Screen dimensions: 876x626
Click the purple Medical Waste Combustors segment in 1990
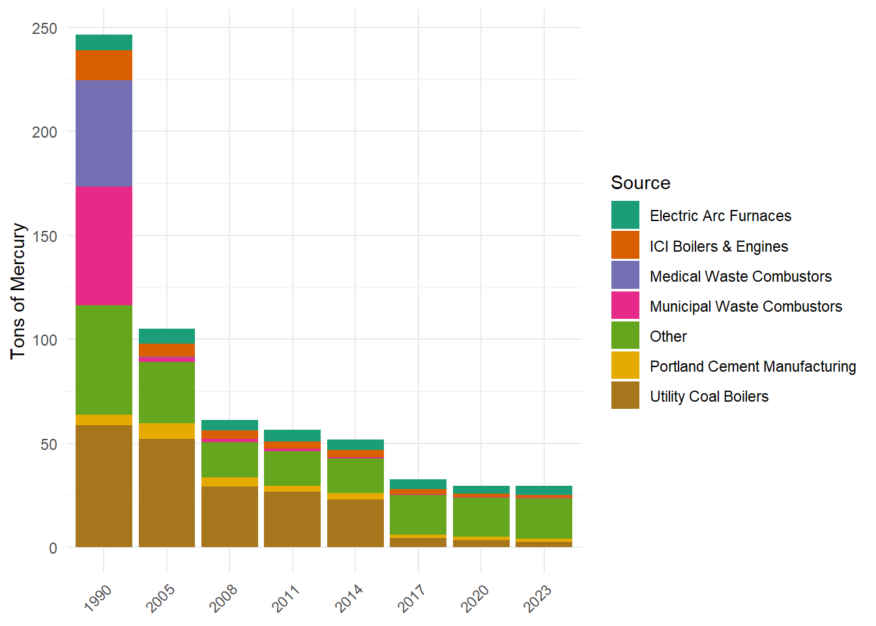pos(104,134)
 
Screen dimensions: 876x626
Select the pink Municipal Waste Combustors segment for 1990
pos(104,246)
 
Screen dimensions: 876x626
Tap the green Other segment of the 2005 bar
pos(167,393)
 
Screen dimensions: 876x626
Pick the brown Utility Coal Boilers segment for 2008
pos(230,517)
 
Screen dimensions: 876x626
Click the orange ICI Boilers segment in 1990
pos(104,65)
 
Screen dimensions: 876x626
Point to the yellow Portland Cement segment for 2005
pos(167,431)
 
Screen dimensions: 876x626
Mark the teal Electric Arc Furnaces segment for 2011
pos(293,436)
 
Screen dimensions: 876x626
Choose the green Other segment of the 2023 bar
pos(544,518)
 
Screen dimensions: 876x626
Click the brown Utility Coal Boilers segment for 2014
pos(355,523)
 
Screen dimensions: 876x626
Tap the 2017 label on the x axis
pos(411,598)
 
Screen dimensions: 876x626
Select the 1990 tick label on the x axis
pos(98,598)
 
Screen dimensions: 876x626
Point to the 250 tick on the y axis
pos(44,29)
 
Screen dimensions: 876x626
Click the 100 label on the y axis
pos(44,340)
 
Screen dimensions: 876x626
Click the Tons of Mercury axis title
pos(18,291)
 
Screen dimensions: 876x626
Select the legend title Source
pos(641,183)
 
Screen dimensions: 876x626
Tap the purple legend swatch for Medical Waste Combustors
pos(625,275)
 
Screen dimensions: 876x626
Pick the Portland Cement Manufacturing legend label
pos(753,366)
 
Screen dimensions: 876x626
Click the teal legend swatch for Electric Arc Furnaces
pos(625,215)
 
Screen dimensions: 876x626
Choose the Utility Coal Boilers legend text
pos(709,396)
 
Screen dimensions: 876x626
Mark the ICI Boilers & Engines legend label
pos(719,246)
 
